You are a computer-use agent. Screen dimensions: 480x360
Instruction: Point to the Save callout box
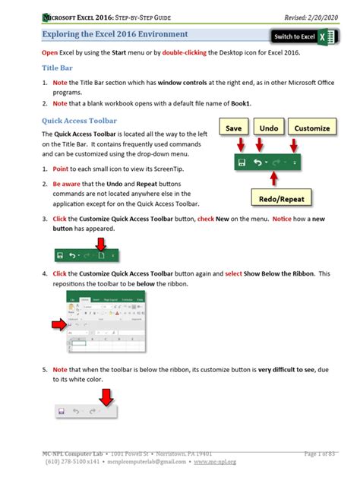point(238,129)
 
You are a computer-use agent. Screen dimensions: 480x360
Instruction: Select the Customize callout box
point(311,129)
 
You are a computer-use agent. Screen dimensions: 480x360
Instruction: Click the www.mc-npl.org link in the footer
point(215,461)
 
